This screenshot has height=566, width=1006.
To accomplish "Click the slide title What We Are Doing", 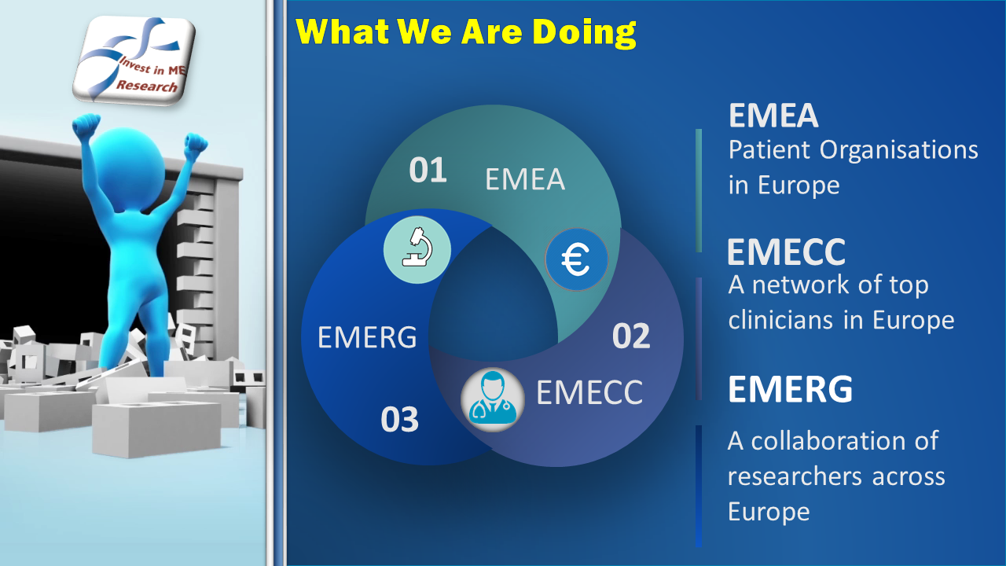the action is tap(466, 32).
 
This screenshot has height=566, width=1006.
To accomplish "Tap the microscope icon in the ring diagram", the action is tap(417, 250).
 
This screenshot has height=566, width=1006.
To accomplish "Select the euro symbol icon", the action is tap(576, 259).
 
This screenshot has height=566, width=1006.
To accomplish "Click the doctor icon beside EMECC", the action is tap(492, 399).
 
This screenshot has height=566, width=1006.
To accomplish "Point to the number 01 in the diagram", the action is tap(428, 171).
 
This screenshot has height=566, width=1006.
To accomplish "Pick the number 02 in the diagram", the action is tap(631, 336).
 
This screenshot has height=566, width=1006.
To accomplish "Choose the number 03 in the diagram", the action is tap(399, 420).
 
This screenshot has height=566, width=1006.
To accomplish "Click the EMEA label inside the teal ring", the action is tap(524, 179).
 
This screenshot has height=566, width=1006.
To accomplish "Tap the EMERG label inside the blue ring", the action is tap(367, 337).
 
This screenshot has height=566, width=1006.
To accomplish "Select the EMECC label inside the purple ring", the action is tap(589, 392).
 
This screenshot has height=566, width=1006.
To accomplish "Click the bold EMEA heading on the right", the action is tap(773, 116).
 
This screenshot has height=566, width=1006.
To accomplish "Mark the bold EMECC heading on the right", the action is tap(786, 252).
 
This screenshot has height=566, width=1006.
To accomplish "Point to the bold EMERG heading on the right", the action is tap(790, 389).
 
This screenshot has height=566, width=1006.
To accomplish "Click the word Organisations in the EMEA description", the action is tap(898, 150).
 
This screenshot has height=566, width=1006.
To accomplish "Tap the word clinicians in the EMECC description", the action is tap(780, 320).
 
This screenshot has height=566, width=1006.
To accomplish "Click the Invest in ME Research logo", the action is tap(134, 60).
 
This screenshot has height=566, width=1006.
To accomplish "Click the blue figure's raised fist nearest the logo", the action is tap(86, 127).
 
